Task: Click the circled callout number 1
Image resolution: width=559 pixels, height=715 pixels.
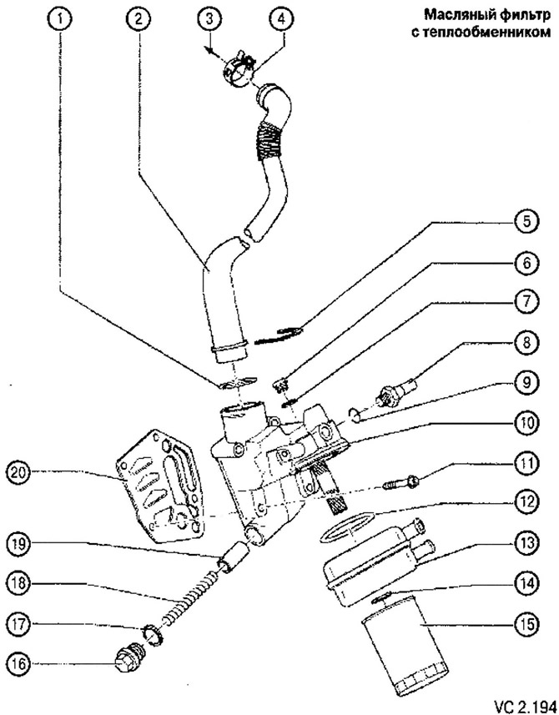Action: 58,19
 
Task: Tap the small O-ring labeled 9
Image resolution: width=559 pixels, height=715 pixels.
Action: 355,415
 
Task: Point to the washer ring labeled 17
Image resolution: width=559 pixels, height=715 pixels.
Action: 154,634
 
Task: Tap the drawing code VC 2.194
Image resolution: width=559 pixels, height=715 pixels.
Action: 524,704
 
